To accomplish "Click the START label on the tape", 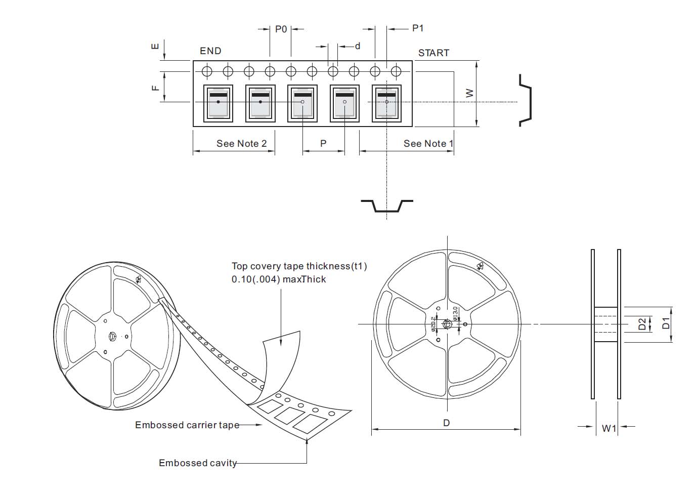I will pyautogui.click(x=433, y=53).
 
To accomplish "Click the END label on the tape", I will pyautogui.click(x=210, y=51).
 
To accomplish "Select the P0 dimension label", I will pyautogui.click(x=281, y=29).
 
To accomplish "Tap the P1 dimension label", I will pyautogui.click(x=418, y=28).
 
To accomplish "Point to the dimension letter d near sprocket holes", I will pyautogui.click(x=358, y=46).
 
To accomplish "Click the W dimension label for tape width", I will pyautogui.click(x=470, y=93).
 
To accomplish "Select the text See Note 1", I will pyautogui.click(x=428, y=143).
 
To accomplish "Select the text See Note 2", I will pyautogui.click(x=241, y=143).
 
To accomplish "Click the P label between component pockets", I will pyautogui.click(x=323, y=143).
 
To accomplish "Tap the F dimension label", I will pyautogui.click(x=155, y=87).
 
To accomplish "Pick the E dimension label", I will pyautogui.click(x=155, y=47).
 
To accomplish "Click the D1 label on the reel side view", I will pyautogui.click(x=666, y=323).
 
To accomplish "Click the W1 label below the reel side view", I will pyautogui.click(x=609, y=428).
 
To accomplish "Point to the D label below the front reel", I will pyautogui.click(x=446, y=423).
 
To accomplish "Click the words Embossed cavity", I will pyautogui.click(x=198, y=463).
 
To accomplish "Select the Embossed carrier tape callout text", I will pyautogui.click(x=187, y=425).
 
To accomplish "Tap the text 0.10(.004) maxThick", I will pyautogui.click(x=279, y=279).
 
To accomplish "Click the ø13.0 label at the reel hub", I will pyautogui.click(x=455, y=313).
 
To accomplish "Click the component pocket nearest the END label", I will pyautogui.click(x=218, y=103).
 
